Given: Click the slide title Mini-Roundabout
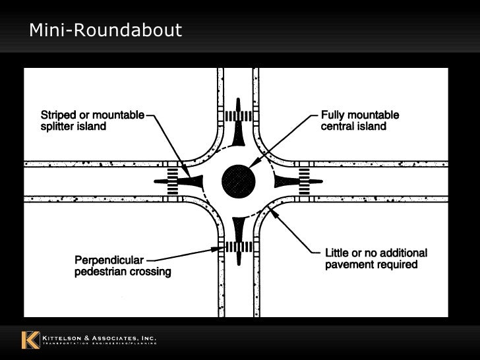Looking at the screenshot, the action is tap(105, 30).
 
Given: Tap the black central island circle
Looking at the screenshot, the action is tap(239, 180).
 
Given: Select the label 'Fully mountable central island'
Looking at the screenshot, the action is tap(359, 121).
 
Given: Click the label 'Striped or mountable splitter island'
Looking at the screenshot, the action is tap(93, 121).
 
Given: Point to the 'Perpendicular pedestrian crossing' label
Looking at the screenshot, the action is tap(122, 265).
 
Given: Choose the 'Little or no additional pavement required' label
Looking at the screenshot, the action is tap(376, 259).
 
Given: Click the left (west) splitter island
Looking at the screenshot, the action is tap(191, 180).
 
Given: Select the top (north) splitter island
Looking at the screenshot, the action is tap(238, 132).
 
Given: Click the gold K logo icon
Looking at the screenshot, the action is tap(30, 340).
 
